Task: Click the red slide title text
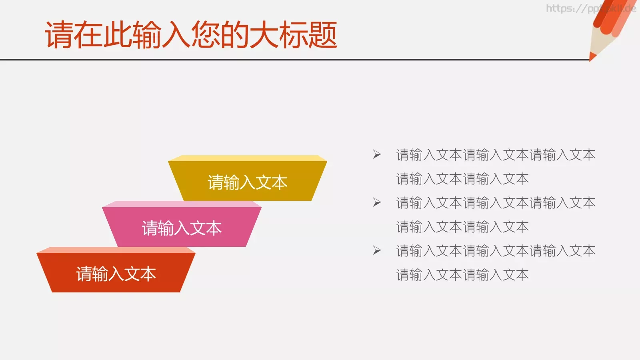tap(191, 35)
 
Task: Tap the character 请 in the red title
tap(59, 35)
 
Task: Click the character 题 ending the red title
tap(322, 35)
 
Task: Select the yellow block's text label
tap(247, 183)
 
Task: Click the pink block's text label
tap(182, 228)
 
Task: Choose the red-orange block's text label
tap(116, 274)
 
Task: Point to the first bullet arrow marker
tap(377, 154)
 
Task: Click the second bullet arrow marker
tap(377, 202)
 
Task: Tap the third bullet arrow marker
tap(377, 250)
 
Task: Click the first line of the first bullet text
tap(496, 155)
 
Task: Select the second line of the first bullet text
tap(462, 179)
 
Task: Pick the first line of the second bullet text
tap(496, 203)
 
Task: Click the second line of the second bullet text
tap(462, 227)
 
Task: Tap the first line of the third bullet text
tap(496, 251)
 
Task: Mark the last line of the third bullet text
tap(462, 275)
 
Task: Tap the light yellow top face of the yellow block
tap(247, 158)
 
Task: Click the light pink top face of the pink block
tap(182, 204)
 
